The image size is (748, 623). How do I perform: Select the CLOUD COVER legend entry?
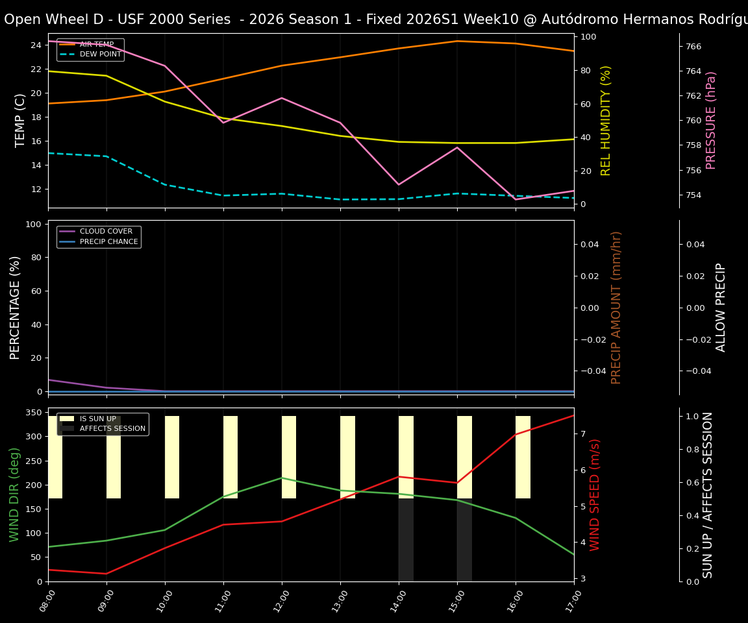click(105, 232)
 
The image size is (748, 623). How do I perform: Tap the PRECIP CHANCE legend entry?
click(108, 242)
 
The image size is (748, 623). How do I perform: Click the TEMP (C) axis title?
click(21, 120)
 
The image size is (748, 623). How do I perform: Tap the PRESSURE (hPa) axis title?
click(711, 120)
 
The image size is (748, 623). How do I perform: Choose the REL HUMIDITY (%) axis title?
click(606, 120)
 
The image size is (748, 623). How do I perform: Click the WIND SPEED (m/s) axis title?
click(595, 495)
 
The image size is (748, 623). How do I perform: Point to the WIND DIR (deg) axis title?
click(14, 495)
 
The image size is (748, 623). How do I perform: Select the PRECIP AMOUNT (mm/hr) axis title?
click(616, 307)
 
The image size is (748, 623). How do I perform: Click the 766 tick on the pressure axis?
click(693, 47)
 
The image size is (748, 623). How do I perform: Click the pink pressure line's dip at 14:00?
click(399, 184)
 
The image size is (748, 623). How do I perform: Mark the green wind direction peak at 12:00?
click(282, 478)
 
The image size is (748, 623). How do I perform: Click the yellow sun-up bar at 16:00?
click(523, 457)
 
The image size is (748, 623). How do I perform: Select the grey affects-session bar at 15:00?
click(464, 540)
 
